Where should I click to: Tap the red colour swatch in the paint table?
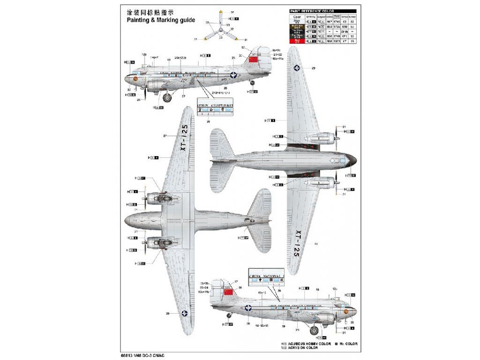pos(296,41)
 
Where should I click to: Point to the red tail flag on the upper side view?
pos(254,60)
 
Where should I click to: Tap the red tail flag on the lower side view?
pos(228,292)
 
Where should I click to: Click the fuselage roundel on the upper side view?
pos(233,75)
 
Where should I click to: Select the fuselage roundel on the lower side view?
pos(248,308)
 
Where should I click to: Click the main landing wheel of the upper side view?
pos(167,97)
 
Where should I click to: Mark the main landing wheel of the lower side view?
pos(315,331)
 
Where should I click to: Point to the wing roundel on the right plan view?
pos(297,68)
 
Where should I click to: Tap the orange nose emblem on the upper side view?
pos(135,79)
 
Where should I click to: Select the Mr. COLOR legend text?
pos(346,344)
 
